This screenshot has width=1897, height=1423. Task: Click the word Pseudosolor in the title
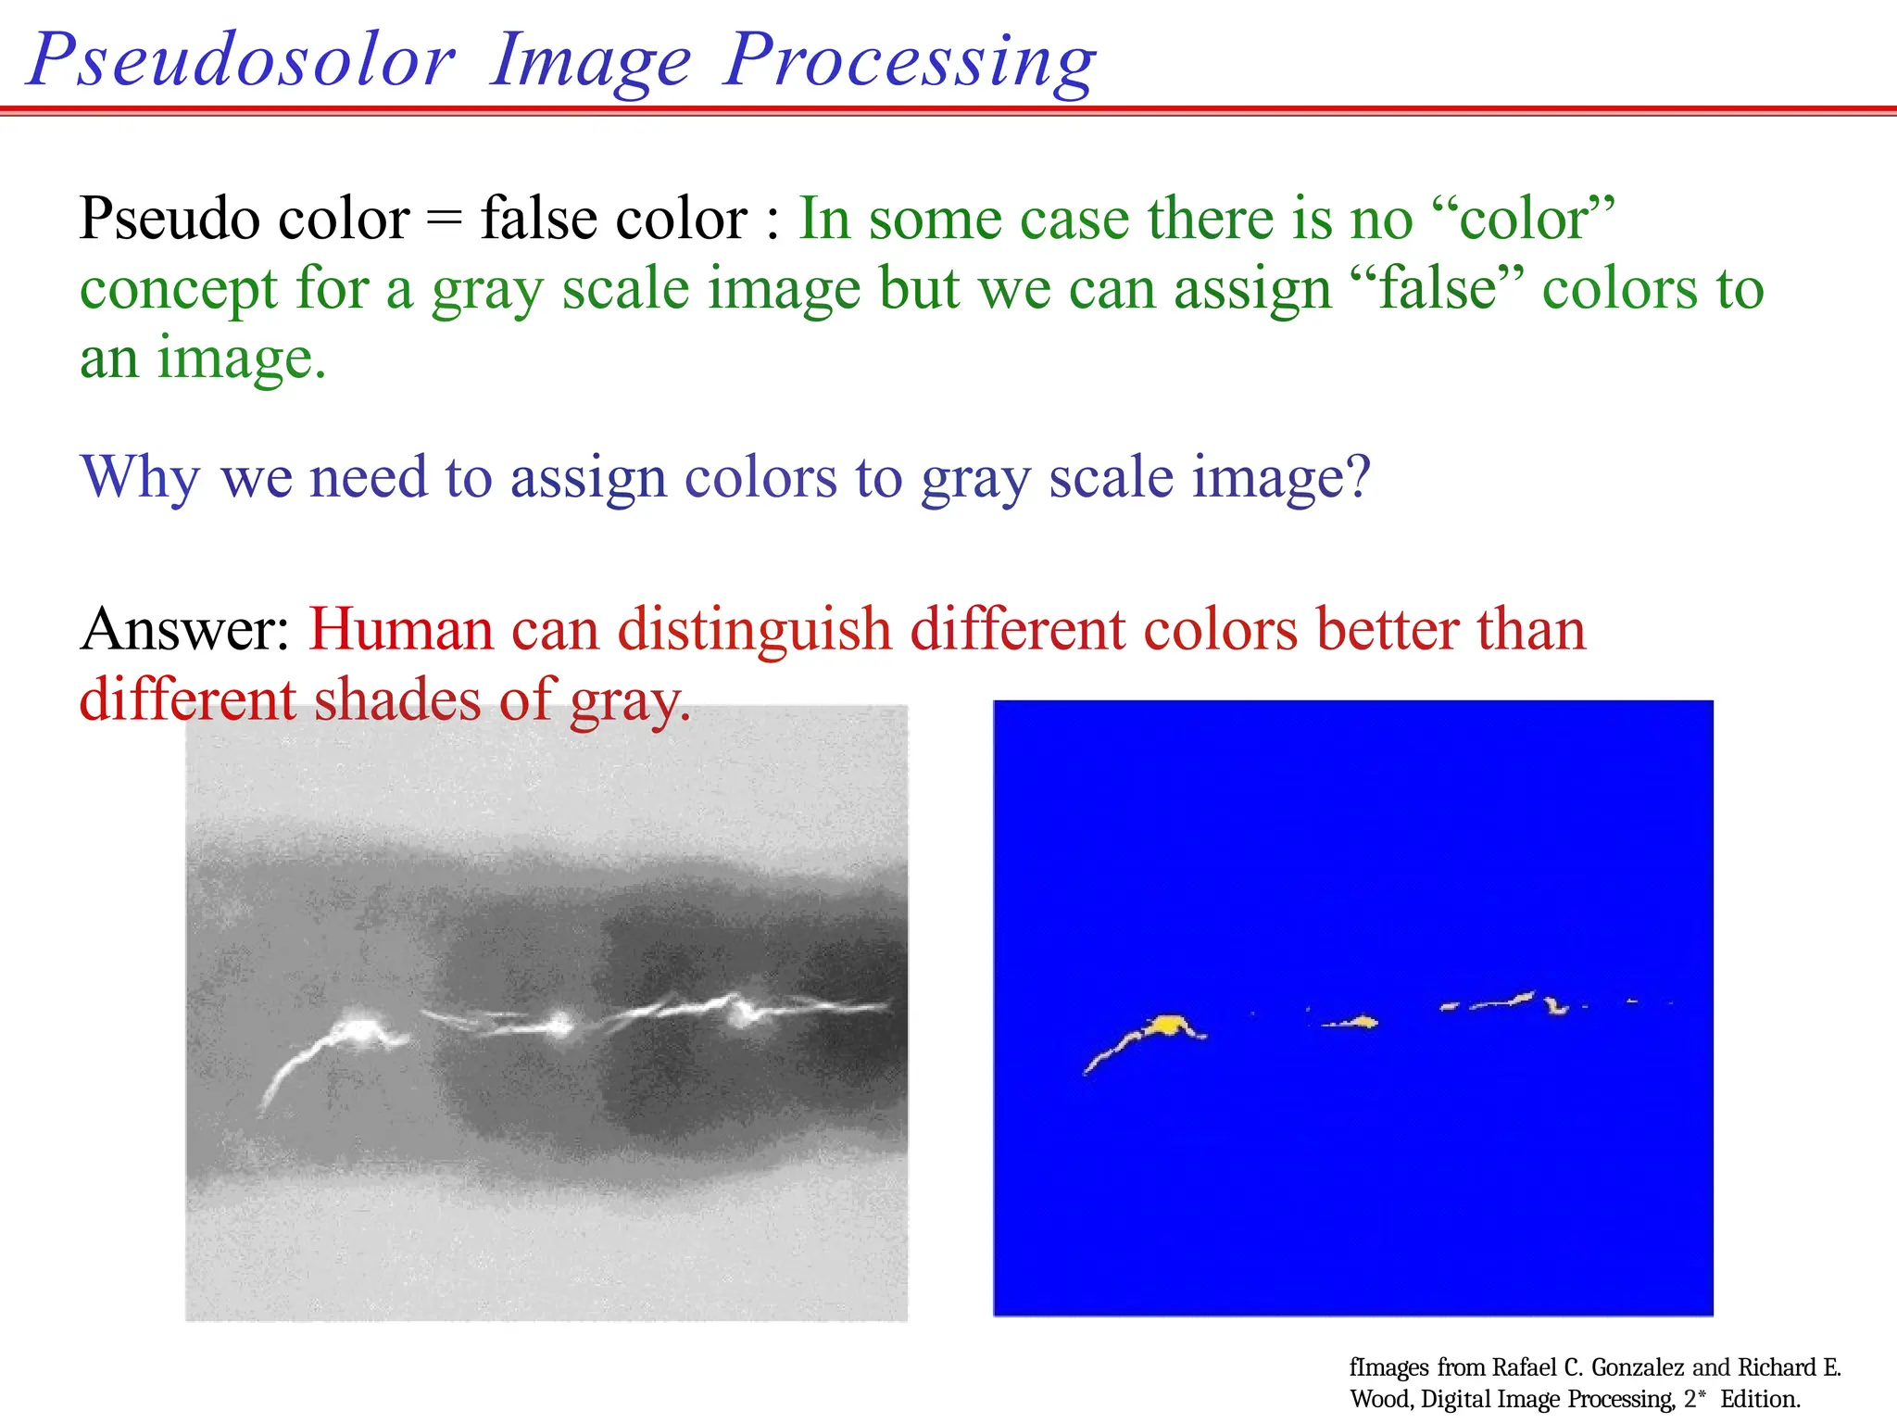[243, 61]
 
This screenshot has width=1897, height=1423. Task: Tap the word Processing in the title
[910, 61]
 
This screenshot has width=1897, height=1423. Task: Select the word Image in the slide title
[590, 61]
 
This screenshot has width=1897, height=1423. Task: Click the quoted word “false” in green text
[1438, 289]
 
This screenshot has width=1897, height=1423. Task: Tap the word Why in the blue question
[140, 479]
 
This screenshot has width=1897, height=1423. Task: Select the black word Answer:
[185, 630]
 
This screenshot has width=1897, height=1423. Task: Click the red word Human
[400, 630]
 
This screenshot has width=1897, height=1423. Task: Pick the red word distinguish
[754, 630]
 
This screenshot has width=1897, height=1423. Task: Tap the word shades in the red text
[397, 700]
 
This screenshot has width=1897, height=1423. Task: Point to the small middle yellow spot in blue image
[1362, 1022]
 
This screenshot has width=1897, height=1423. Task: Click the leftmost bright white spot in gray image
[357, 1028]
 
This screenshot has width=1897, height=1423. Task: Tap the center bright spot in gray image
[559, 1023]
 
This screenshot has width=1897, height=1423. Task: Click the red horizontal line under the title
[948, 110]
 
